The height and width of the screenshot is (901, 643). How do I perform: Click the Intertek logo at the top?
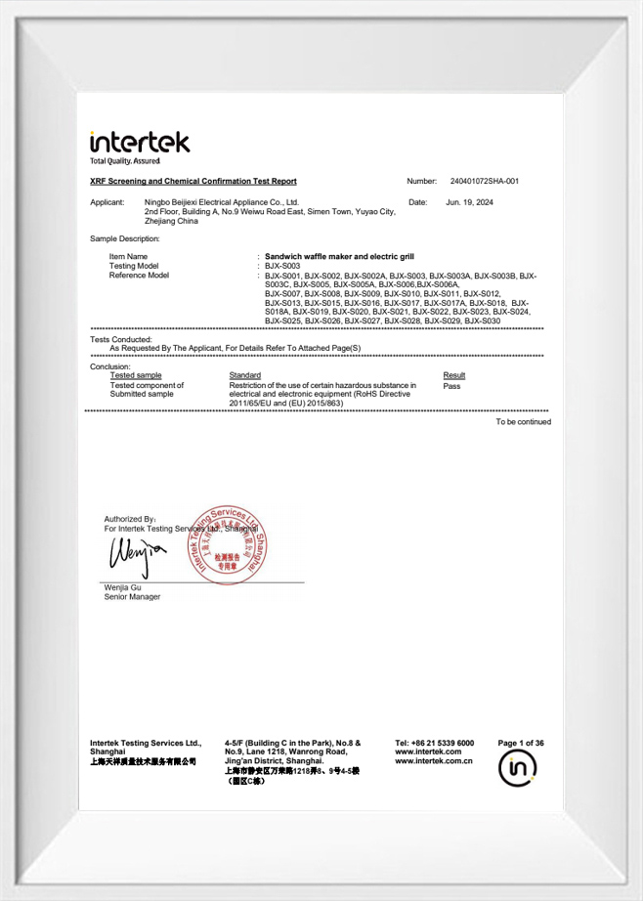pos(140,144)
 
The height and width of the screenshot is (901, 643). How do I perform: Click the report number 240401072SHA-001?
pos(485,182)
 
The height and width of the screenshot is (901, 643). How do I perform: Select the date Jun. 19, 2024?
pos(469,202)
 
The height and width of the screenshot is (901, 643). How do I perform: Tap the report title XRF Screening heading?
pos(193,182)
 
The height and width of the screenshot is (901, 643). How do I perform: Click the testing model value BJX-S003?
pos(283,266)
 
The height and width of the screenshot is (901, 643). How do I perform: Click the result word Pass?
pos(451,386)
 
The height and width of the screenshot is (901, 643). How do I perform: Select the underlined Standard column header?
pos(244,375)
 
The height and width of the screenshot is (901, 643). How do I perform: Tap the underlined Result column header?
pos(453,375)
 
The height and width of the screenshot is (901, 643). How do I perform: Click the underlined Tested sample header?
pos(136,375)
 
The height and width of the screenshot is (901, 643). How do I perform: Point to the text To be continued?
pos(523,422)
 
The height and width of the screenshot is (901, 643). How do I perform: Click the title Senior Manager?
pos(133,597)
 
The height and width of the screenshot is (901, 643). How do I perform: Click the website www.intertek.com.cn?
pos(434,761)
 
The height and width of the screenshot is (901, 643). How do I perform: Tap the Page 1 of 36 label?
pos(521,744)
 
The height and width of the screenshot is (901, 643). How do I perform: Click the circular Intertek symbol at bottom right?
pos(519,771)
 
